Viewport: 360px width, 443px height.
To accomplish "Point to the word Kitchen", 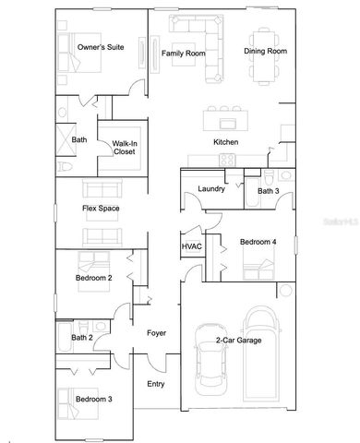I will [226, 142].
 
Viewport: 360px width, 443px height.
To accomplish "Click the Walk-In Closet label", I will [126, 148].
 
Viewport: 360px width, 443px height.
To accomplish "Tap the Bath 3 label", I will [268, 190].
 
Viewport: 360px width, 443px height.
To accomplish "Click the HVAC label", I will [191, 246].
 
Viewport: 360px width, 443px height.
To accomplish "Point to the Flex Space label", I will [101, 208].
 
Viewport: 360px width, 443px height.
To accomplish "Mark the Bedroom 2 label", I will [93, 277].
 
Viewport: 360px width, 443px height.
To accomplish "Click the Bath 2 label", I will [81, 338].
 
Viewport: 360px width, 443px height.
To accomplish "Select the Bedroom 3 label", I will [93, 399].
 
